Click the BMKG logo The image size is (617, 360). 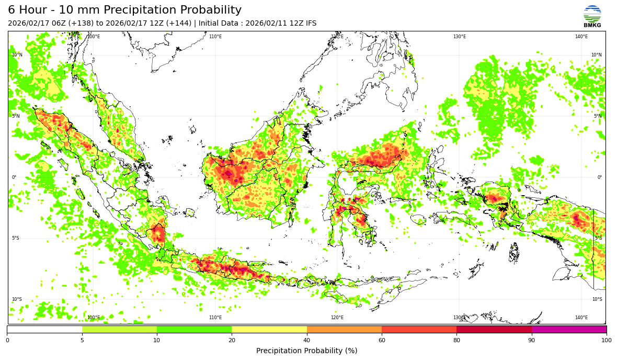(x=592, y=16)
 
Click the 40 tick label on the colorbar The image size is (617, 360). (x=307, y=341)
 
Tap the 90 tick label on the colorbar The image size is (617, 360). (x=532, y=341)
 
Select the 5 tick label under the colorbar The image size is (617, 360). (x=82, y=341)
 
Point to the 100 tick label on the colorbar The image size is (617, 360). (x=607, y=341)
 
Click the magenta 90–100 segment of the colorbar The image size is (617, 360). (x=569, y=330)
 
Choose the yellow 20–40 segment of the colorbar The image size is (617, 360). (x=269, y=330)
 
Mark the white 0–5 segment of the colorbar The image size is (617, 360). (x=44, y=330)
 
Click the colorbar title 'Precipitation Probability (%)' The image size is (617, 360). (x=307, y=351)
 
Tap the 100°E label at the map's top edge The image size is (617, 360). (x=94, y=37)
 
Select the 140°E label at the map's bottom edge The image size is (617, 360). (x=581, y=318)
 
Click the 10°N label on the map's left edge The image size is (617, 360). (x=17, y=55)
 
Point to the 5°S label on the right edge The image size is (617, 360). (x=598, y=239)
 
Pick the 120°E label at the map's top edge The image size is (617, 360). (x=337, y=37)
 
